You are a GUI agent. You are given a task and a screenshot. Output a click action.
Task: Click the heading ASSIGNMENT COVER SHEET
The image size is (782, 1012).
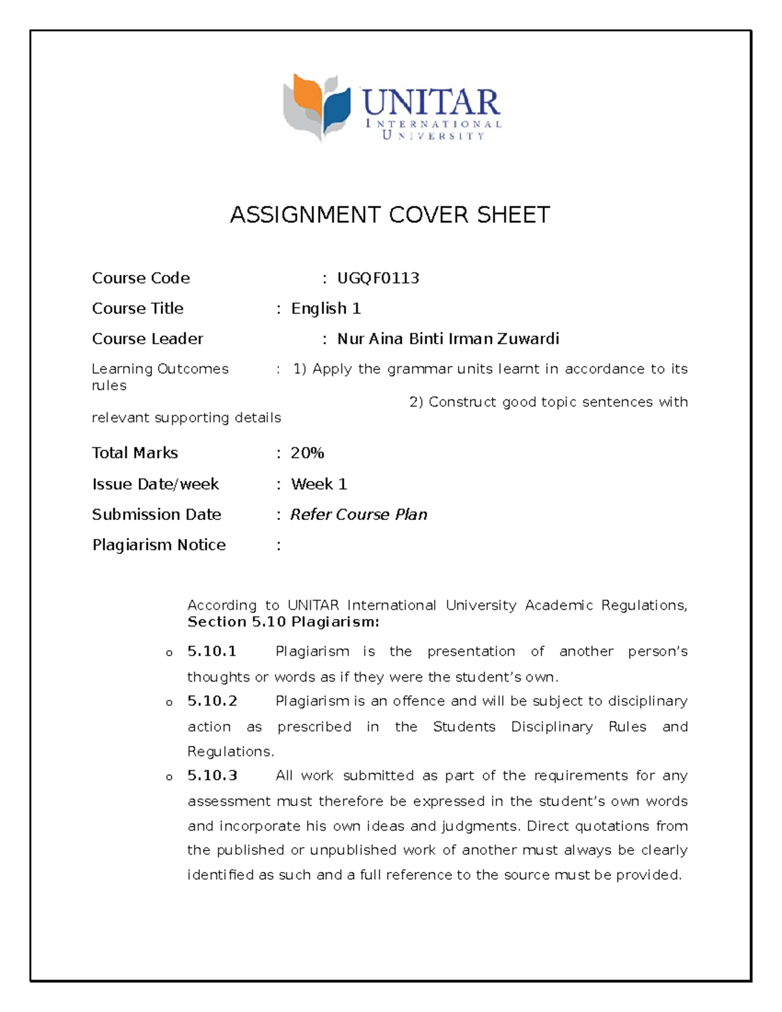(x=390, y=214)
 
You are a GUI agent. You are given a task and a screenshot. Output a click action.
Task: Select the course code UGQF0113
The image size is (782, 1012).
(x=378, y=278)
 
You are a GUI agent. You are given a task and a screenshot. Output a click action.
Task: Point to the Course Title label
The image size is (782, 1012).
(x=138, y=308)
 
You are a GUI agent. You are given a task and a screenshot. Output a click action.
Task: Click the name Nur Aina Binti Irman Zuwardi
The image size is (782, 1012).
(x=448, y=339)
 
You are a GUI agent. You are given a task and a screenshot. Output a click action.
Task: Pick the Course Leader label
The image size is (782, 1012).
(x=147, y=339)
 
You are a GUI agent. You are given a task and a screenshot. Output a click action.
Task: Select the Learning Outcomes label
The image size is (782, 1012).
(x=160, y=369)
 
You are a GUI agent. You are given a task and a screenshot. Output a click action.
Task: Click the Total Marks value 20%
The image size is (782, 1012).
(x=308, y=453)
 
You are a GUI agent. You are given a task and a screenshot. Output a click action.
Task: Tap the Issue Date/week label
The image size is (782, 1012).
(x=155, y=484)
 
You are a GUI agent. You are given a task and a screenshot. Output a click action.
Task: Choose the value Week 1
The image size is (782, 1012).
(x=319, y=484)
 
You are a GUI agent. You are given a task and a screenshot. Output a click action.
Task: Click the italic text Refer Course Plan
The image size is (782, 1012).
(x=358, y=515)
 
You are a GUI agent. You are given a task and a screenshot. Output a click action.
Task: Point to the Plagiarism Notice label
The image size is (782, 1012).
(x=159, y=545)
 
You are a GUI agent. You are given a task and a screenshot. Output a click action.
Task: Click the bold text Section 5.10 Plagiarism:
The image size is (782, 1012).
(x=283, y=622)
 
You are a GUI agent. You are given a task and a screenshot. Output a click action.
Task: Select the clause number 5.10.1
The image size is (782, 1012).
(x=212, y=652)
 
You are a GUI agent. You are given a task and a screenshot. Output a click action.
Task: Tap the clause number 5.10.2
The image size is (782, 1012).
(x=212, y=701)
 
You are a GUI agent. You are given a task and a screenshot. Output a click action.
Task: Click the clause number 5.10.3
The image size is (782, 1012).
(x=212, y=775)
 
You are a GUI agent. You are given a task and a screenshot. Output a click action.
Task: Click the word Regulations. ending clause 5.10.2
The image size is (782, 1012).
(x=231, y=751)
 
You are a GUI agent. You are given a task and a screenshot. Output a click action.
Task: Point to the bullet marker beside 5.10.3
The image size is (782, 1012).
(x=169, y=777)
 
